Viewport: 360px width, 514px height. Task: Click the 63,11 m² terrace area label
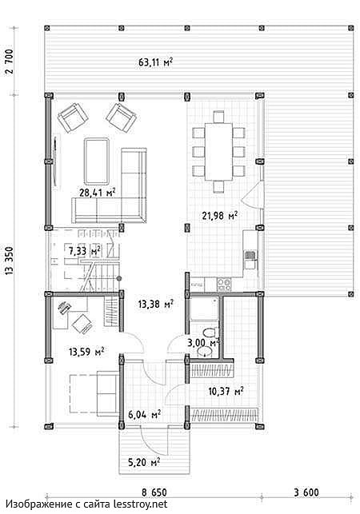coord(155,62)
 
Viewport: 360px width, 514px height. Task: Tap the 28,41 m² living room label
coord(98,192)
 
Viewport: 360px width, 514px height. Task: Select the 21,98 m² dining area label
coord(220,216)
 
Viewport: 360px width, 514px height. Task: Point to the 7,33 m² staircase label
coord(84,252)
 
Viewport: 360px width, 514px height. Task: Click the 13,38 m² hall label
coord(155,305)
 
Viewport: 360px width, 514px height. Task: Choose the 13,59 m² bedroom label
coord(86,352)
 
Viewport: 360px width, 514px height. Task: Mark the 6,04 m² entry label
coord(144,415)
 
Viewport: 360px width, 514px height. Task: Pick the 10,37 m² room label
coord(226,391)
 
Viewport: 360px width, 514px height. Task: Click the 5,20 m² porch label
coord(144,462)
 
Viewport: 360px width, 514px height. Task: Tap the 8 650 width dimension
coord(154,492)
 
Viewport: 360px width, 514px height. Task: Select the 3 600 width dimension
coord(306,492)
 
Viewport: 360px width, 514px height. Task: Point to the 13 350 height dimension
coord(10,261)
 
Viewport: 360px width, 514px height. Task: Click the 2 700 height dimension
coord(10,62)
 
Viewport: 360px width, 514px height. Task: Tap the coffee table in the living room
coord(97,161)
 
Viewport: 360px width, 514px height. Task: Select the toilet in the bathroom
coord(210,333)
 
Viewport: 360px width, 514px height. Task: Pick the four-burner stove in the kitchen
coord(224,285)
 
